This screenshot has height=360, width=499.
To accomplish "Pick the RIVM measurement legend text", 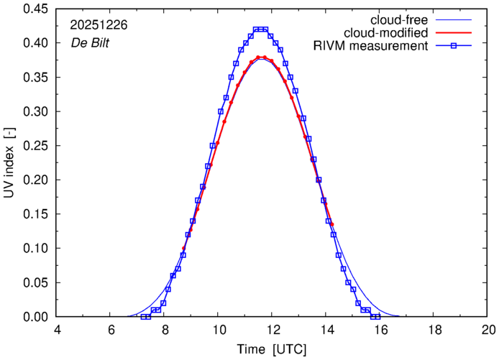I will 371,47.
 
